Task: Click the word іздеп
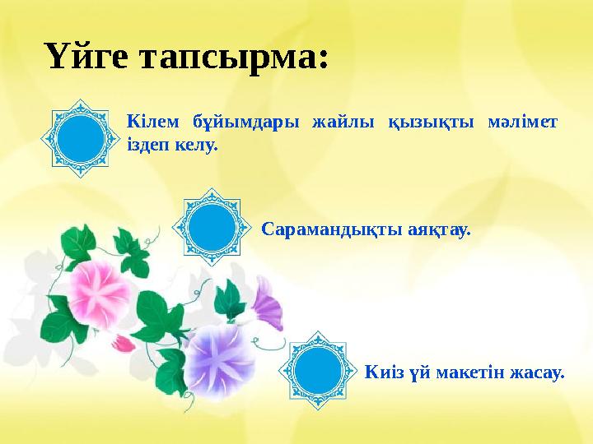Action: coord(146,146)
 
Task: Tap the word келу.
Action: coord(194,146)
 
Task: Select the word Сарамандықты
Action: coord(332,229)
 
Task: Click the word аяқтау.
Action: coord(440,229)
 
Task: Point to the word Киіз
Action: coord(381,373)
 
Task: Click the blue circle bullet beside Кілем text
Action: coord(82,137)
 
